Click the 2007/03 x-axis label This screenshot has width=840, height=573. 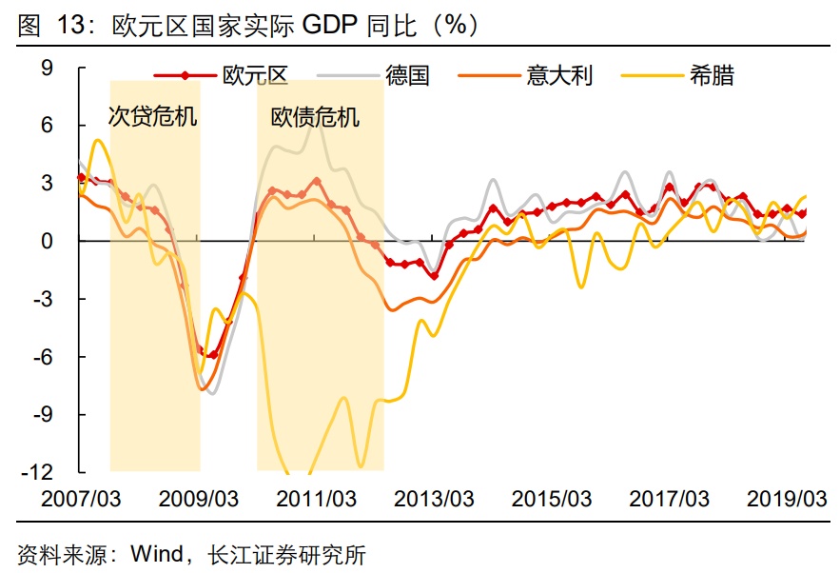tap(81, 499)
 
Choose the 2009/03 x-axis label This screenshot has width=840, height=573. tap(198, 499)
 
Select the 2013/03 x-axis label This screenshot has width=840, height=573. tap(434, 499)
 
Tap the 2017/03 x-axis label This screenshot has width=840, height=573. tap(670, 499)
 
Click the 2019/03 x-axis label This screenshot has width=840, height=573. tap(787, 499)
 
